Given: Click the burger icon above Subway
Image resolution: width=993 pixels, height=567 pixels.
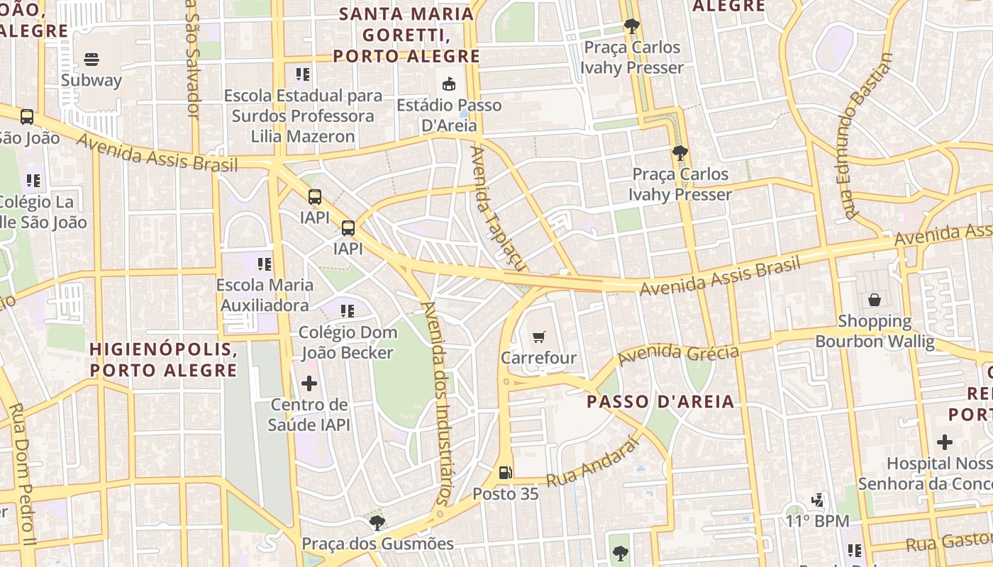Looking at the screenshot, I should pyautogui.click(x=91, y=59).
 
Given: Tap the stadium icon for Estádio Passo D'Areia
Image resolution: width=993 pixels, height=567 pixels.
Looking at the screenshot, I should pyautogui.click(x=448, y=84).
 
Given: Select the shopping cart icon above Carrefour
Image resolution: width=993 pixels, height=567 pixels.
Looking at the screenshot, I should pyautogui.click(x=539, y=337).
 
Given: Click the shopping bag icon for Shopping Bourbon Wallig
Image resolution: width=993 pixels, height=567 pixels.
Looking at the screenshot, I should pyautogui.click(x=874, y=300).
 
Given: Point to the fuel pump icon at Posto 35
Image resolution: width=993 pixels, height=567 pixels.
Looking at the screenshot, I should pyautogui.click(x=505, y=472).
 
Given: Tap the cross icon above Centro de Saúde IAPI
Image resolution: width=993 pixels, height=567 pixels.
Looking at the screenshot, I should pyautogui.click(x=309, y=383).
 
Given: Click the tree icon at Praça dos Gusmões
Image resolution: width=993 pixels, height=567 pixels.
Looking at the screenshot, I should pyautogui.click(x=377, y=523).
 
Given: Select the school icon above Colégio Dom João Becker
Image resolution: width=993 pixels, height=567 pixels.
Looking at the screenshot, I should pyautogui.click(x=347, y=310).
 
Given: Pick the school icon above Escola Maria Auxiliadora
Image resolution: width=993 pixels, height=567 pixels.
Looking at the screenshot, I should pyautogui.click(x=265, y=264).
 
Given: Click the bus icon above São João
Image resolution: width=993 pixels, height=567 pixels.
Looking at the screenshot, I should pyautogui.click(x=27, y=116).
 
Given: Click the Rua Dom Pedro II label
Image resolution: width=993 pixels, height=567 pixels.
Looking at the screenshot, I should pyautogui.click(x=22, y=468).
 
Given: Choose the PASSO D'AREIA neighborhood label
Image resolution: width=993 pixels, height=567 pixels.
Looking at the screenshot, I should pyautogui.click(x=660, y=402).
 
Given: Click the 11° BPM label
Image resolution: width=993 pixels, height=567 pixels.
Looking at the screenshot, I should pyautogui.click(x=817, y=521).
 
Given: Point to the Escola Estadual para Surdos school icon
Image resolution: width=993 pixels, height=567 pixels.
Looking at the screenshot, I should pyautogui.click(x=303, y=74).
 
